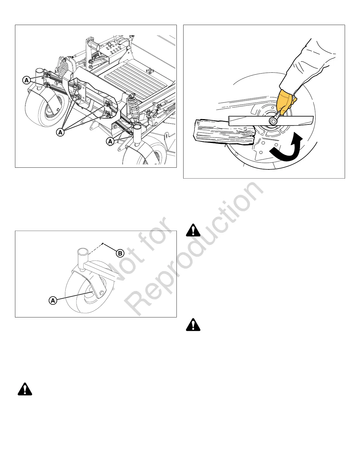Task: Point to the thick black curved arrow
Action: tap(287, 149)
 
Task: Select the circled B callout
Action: tap(120, 253)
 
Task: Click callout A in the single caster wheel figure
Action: tap(53, 300)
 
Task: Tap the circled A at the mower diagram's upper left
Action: tap(26, 80)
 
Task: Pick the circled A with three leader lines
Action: tap(60, 132)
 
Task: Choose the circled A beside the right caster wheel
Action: tap(110, 142)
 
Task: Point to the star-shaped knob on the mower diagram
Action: tap(150, 71)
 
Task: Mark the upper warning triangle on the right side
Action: tap(193, 230)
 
